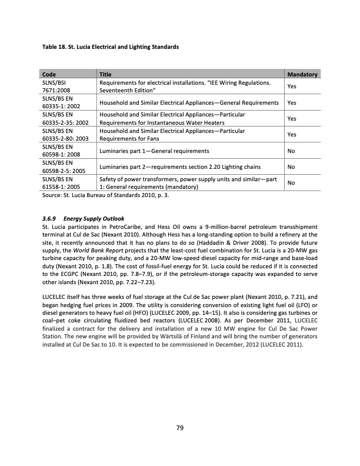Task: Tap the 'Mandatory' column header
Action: [302, 75]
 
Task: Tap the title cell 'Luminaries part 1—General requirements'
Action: [155, 151]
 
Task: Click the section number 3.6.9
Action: [50, 217]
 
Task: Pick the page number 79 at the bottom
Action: [180, 428]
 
